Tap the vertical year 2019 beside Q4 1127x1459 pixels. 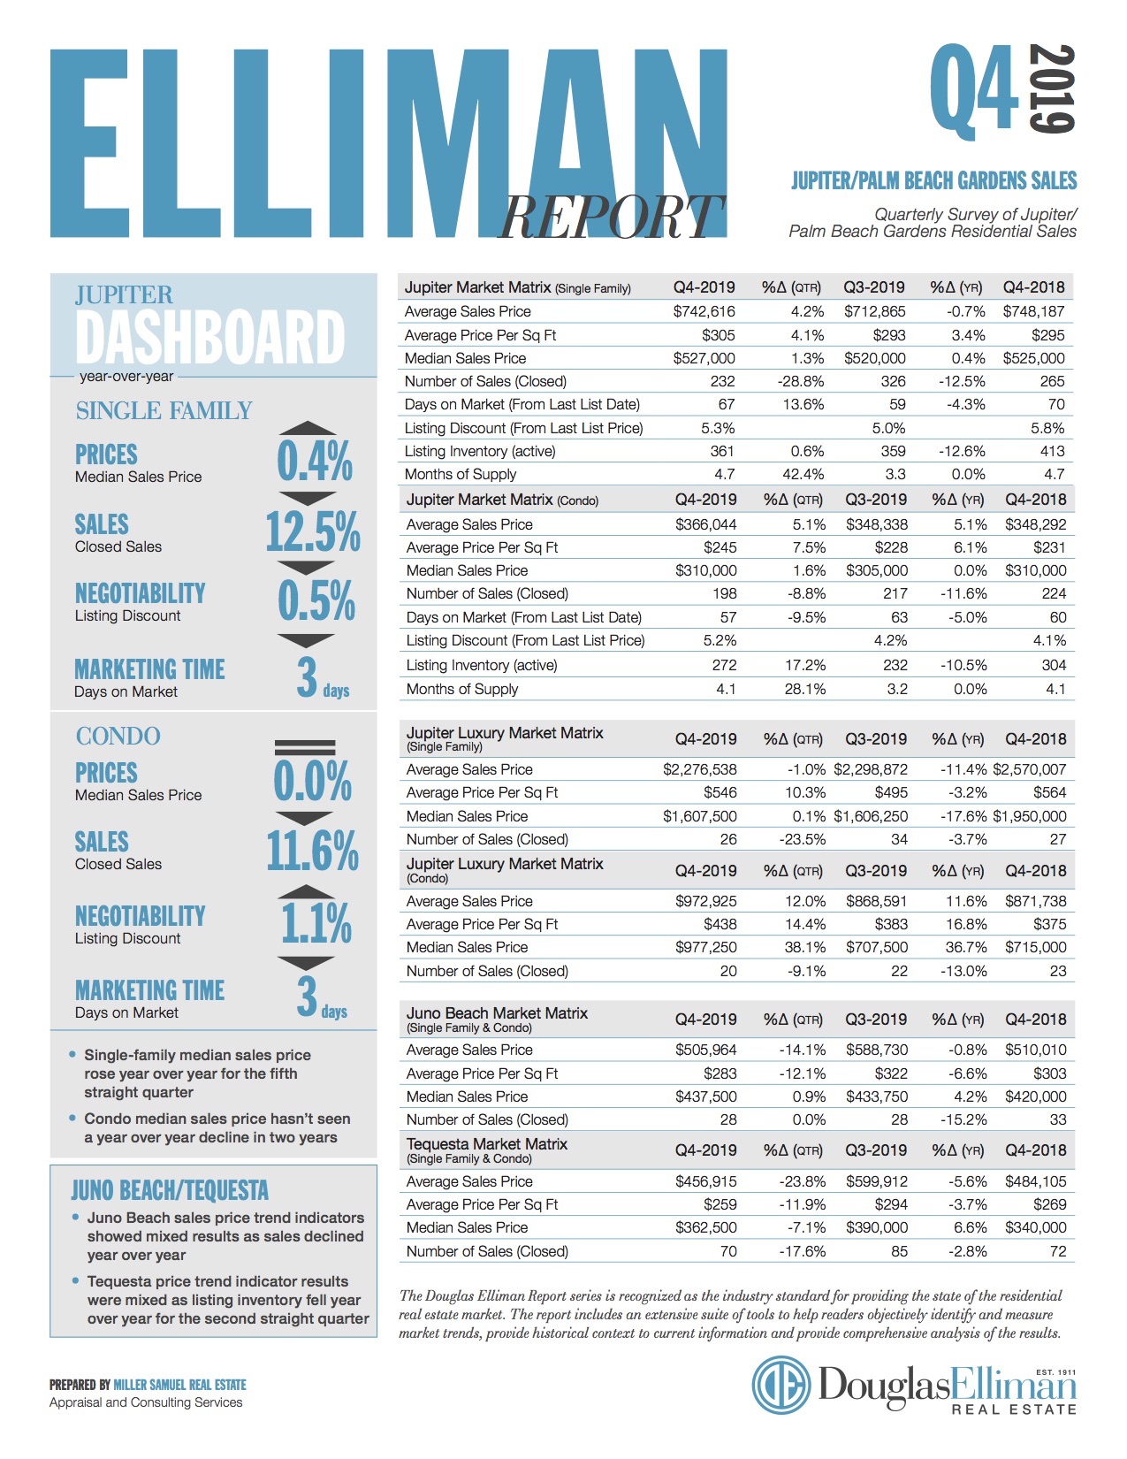[x=1052, y=88]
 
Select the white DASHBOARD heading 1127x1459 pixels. [x=210, y=336]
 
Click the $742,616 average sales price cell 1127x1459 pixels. [x=704, y=311]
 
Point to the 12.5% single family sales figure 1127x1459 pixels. [x=313, y=531]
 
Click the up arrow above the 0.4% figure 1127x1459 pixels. [x=307, y=428]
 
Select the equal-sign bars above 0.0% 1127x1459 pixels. [x=305, y=747]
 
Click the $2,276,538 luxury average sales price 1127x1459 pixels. [x=699, y=769]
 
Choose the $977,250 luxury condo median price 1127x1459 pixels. [x=705, y=947]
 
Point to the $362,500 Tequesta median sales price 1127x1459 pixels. [x=705, y=1227]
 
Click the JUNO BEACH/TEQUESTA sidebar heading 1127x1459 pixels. [x=170, y=1190]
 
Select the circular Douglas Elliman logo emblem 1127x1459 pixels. [x=781, y=1385]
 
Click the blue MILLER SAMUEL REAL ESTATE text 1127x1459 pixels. [x=180, y=1385]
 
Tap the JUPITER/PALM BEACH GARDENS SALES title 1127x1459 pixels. [x=933, y=180]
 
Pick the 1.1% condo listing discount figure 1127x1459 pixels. [x=316, y=924]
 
